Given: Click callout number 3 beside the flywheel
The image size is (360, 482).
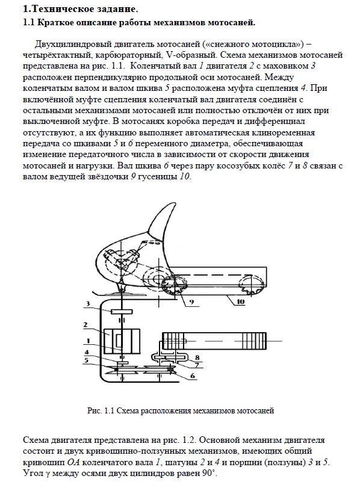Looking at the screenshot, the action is click(x=88, y=304).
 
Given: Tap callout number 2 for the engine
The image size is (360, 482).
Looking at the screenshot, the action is click(x=85, y=324).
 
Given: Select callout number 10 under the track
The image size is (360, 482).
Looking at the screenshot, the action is click(x=240, y=301).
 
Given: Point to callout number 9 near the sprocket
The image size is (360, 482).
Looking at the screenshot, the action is click(x=191, y=302).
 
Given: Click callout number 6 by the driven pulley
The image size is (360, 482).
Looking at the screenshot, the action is click(x=193, y=375).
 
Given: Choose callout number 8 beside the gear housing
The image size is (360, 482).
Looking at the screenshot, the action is click(x=197, y=357).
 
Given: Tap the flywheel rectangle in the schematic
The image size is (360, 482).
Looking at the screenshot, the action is click(x=122, y=312).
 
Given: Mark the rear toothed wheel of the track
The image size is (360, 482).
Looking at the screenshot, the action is click(x=252, y=284).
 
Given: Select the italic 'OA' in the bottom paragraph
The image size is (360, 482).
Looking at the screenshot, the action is click(x=74, y=462).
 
